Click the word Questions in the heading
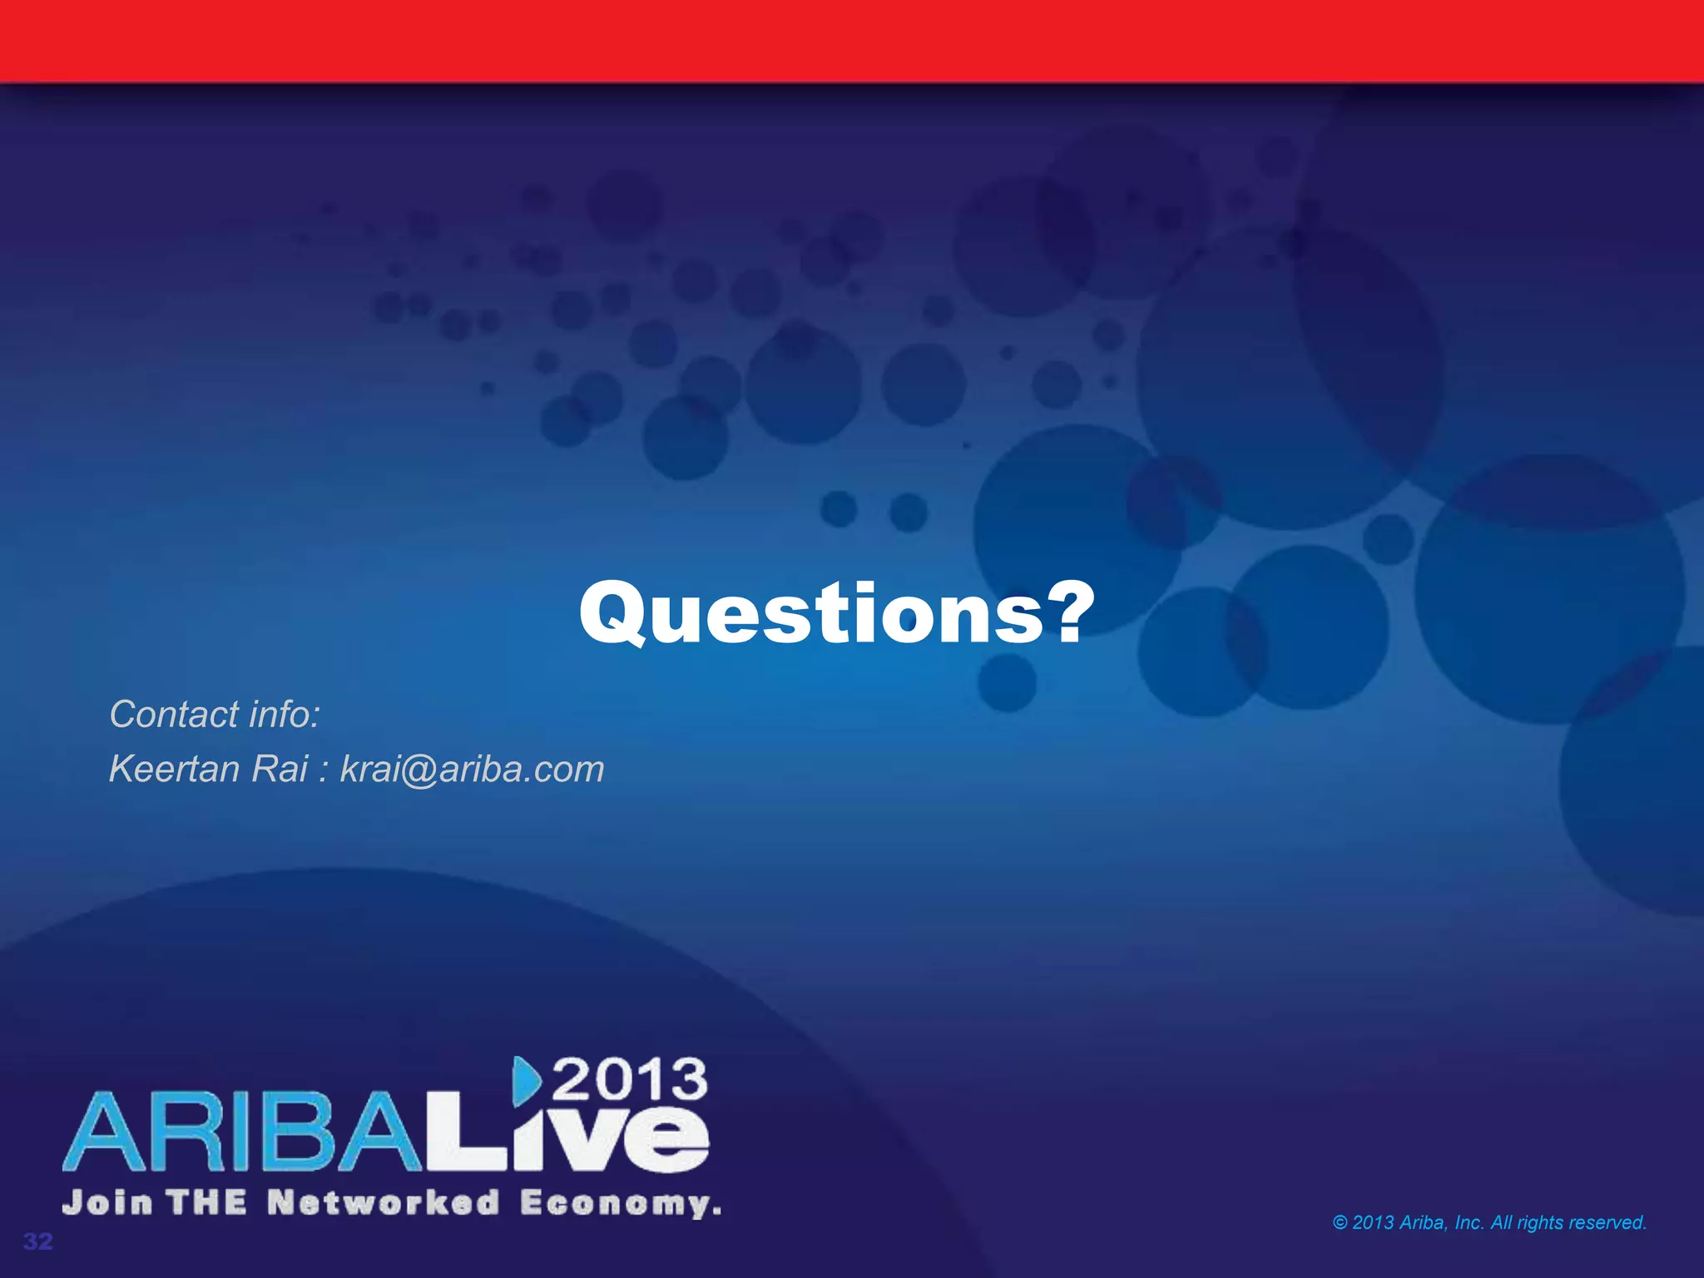[811, 614]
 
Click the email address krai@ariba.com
[472, 770]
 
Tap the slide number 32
[37, 1241]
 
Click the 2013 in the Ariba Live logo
[630, 1080]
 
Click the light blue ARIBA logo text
[241, 1133]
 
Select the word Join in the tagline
[107, 1203]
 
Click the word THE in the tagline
[206, 1203]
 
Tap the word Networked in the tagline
[384, 1203]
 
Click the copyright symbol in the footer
[1340, 1222]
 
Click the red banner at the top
[852, 40]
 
